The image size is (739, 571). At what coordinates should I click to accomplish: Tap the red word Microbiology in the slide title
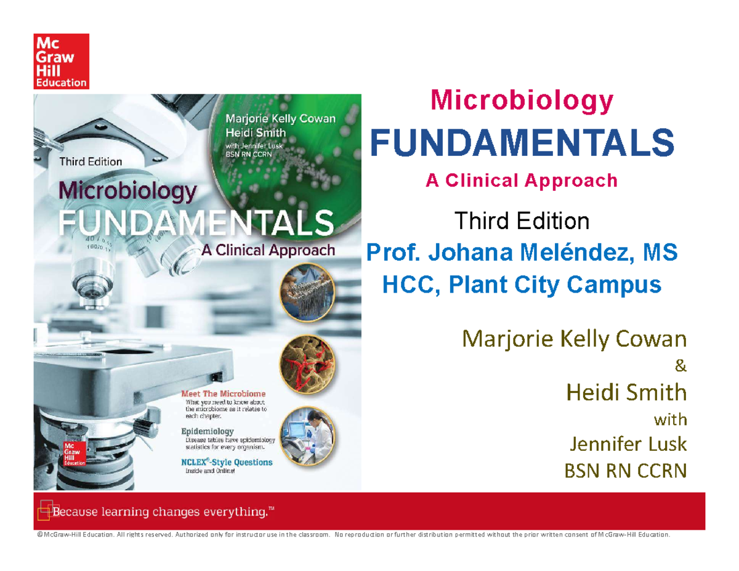[522, 100]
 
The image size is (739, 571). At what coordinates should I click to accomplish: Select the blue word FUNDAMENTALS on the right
[521, 143]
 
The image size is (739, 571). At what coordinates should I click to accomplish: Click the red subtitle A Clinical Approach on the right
[522, 180]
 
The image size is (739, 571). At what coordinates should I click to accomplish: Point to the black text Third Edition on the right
[521, 220]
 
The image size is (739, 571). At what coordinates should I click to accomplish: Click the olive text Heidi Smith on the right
[626, 392]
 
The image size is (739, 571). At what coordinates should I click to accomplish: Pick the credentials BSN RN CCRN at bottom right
[625, 471]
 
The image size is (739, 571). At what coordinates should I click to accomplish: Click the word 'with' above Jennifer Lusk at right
[669, 420]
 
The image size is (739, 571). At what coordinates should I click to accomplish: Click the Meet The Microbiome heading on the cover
[223, 393]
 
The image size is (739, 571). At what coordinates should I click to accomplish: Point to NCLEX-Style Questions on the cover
[226, 462]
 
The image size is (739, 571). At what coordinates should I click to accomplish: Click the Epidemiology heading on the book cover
[206, 431]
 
